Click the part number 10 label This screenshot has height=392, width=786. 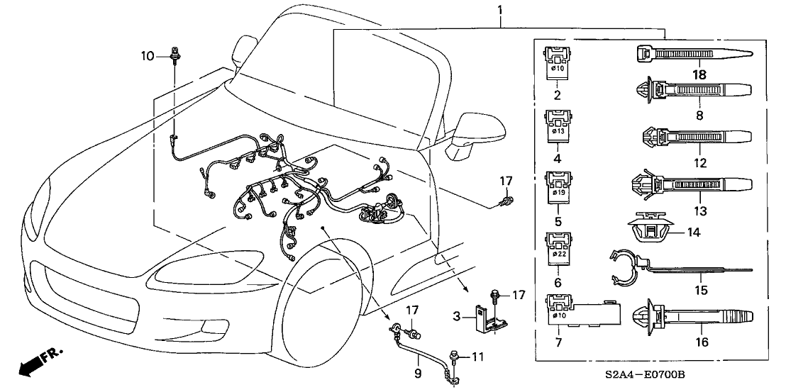(x=148, y=55)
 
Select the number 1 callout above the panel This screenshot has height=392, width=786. (x=501, y=10)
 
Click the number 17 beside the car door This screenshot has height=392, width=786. (x=505, y=182)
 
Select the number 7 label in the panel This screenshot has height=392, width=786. (x=556, y=344)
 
